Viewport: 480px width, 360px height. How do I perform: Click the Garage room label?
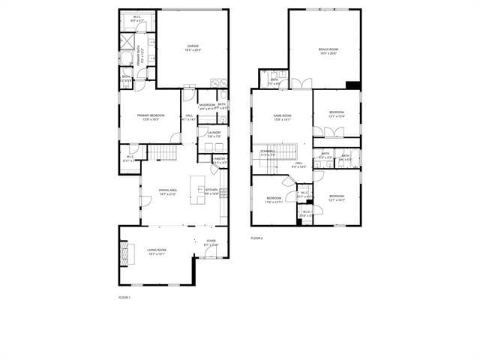click(193, 47)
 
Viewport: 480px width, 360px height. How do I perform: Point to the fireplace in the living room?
click(124, 252)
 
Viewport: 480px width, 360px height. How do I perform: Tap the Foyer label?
click(211, 242)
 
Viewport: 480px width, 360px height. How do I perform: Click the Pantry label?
click(220, 160)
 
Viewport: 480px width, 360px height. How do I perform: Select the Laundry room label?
click(214, 134)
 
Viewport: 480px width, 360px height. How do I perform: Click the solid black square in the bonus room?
click(352, 85)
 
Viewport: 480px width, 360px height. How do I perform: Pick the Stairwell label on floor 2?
click(268, 152)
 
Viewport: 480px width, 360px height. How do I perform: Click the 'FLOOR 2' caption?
click(256, 238)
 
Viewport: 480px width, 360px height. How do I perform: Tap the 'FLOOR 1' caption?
click(124, 298)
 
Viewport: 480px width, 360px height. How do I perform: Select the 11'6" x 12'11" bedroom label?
click(274, 200)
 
